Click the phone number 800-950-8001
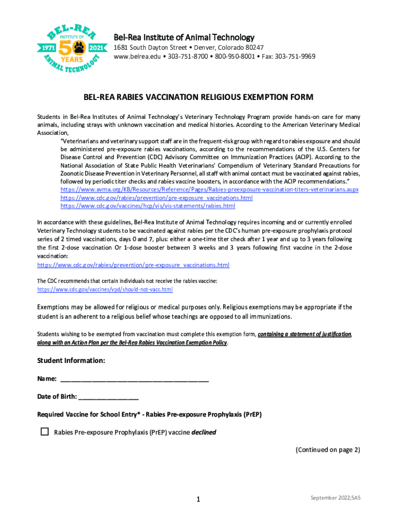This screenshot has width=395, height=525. click(233, 56)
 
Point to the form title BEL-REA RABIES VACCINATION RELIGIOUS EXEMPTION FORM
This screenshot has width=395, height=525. click(198, 97)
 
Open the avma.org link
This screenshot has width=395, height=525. click(209, 190)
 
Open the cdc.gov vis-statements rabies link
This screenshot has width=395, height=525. click(148, 206)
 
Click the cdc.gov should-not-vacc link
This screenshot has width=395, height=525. click(105, 290)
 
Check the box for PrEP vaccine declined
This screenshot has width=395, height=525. click(45, 432)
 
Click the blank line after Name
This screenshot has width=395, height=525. click(134, 379)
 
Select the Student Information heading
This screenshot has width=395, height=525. click(71, 361)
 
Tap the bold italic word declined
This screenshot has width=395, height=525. click(204, 432)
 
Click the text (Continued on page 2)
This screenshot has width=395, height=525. click(327, 450)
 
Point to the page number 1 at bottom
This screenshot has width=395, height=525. click(197, 499)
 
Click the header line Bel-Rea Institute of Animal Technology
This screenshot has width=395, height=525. click(184, 37)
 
